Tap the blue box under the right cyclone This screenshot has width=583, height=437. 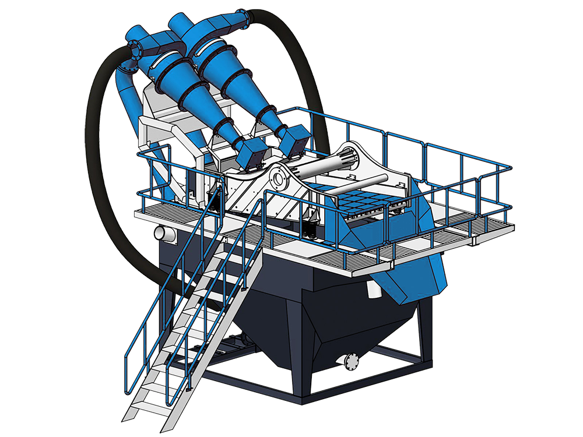pyautogui.click(x=293, y=139)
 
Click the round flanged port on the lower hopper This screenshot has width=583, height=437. pyautogui.click(x=352, y=361)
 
